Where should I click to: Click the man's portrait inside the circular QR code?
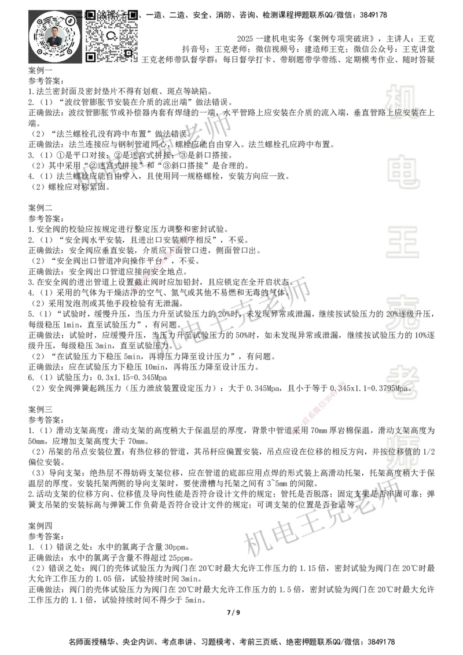point(54,37)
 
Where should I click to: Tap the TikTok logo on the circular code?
point(71,21)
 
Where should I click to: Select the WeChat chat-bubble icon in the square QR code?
point(112,35)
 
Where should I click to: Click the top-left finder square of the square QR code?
point(90,14)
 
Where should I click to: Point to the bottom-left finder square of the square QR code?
point(90,57)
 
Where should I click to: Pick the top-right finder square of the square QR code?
point(133,14)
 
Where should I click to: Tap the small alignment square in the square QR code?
point(128,53)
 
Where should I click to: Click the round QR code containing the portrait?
point(54,37)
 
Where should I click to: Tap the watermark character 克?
point(403,310)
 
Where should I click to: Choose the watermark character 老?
point(403,379)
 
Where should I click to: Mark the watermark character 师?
point(403,454)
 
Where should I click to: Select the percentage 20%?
point(392,314)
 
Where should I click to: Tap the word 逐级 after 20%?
point(407,314)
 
